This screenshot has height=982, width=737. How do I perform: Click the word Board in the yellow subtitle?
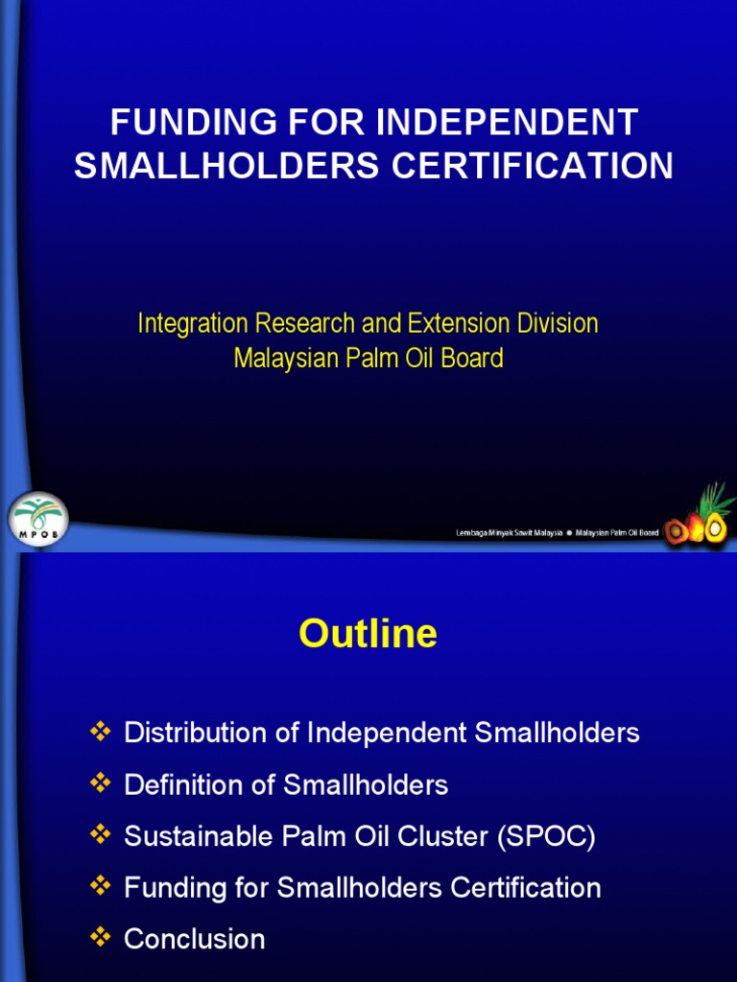(x=471, y=359)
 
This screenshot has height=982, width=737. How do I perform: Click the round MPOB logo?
(x=37, y=520)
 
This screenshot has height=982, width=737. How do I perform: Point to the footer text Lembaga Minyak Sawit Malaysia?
(x=509, y=534)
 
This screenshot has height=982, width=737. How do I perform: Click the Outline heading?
(x=368, y=634)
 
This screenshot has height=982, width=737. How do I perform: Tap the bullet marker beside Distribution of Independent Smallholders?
(x=100, y=733)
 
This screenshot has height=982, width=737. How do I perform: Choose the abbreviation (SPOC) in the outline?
(x=546, y=837)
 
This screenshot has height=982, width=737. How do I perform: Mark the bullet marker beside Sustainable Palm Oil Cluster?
(x=100, y=835)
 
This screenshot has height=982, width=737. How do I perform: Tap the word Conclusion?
(x=195, y=939)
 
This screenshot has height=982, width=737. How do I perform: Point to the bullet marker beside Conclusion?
(x=100, y=938)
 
